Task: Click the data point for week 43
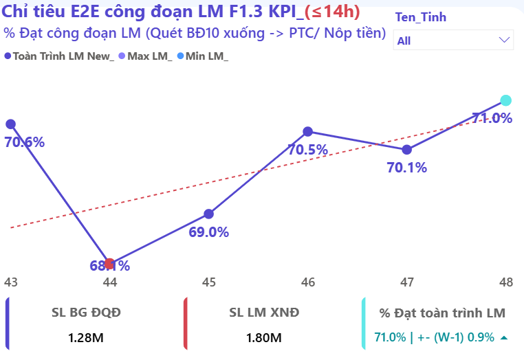pyautogui.click(x=10, y=124)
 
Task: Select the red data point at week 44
pyautogui.click(x=109, y=264)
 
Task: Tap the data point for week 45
pyautogui.click(x=208, y=214)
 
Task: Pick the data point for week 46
pyautogui.click(x=307, y=131)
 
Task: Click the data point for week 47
pyautogui.click(x=406, y=149)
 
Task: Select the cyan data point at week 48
pyautogui.click(x=505, y=100)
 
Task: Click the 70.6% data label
pyautogui.click(x=24, y=143)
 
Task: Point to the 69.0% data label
pyautogui.click(x=208, y=232)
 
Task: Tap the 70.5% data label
pyautogui.click(x=307, y=150)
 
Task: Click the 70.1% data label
pyautogui.click(x=406, y=168)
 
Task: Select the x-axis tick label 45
pyautogui.click(x=208, y=282)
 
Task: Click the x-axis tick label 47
pyautogui.click(x=406, y=282)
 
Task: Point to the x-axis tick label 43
pyautogui.click(x=10, y=282)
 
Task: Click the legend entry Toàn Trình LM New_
pyautogui.click(x=59, y=56)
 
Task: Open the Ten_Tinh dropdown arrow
pyautogui.click(x=503, y=40)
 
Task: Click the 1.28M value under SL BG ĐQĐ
pyautogui.click(x=86, y=337)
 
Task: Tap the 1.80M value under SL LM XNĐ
pyautogui.click(x=264, y=337)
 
